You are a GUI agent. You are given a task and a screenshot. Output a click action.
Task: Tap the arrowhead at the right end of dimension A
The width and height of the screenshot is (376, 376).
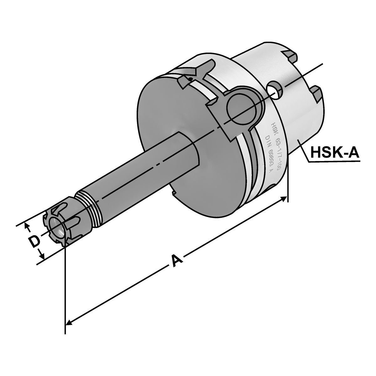(284, 199)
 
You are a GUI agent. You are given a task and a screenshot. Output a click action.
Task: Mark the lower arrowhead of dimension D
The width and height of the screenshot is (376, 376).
(42, 255)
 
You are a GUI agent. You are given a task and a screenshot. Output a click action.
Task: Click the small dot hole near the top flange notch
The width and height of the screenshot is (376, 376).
(190, 78)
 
